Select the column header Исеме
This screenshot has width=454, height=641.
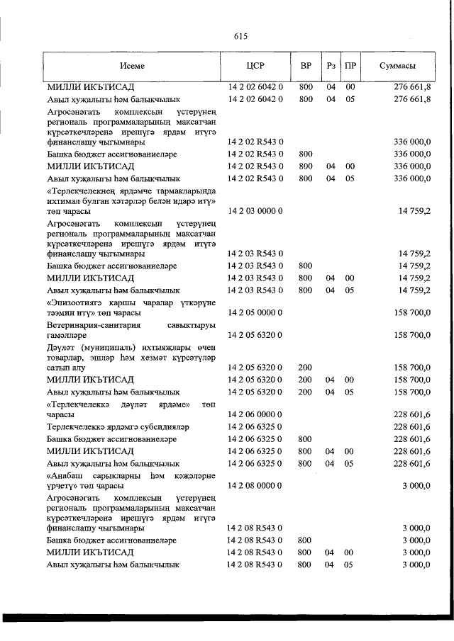pos(132,66)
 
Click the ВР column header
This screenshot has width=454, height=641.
pos(306,66)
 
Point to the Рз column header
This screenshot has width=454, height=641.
pos(331,66)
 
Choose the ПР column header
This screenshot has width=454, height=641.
pos(350,66)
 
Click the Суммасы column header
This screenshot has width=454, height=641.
pos(398,66)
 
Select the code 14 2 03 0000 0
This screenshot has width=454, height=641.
pos(255,211)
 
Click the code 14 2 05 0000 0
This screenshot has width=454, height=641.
pos(255,312)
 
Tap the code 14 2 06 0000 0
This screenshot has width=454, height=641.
pos(255,414)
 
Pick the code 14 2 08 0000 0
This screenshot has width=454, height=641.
pos(255,486)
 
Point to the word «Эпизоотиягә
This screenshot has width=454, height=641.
pos(73,300)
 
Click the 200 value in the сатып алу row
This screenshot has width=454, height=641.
pos(305,368)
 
